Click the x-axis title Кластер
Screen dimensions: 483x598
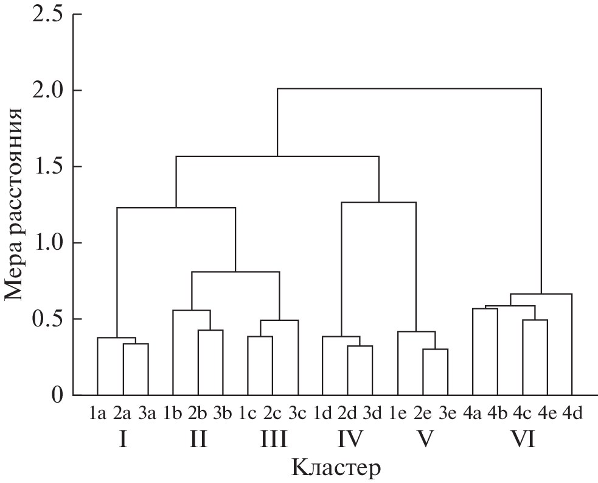336,468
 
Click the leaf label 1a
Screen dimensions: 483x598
98,415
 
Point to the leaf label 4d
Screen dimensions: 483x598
572,415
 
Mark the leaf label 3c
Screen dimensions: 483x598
298,415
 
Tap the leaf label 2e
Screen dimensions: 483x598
423,415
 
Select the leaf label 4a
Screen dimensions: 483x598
473,415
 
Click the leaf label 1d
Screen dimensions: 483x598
322,415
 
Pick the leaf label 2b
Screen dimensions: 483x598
198,415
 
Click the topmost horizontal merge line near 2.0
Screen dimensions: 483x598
409,88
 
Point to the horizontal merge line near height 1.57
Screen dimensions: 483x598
277,157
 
